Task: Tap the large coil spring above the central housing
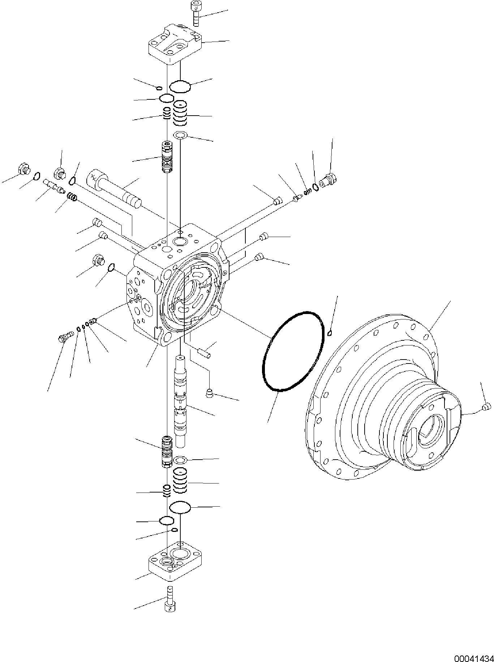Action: (180, 112)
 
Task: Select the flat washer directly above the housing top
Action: (180, 135)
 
